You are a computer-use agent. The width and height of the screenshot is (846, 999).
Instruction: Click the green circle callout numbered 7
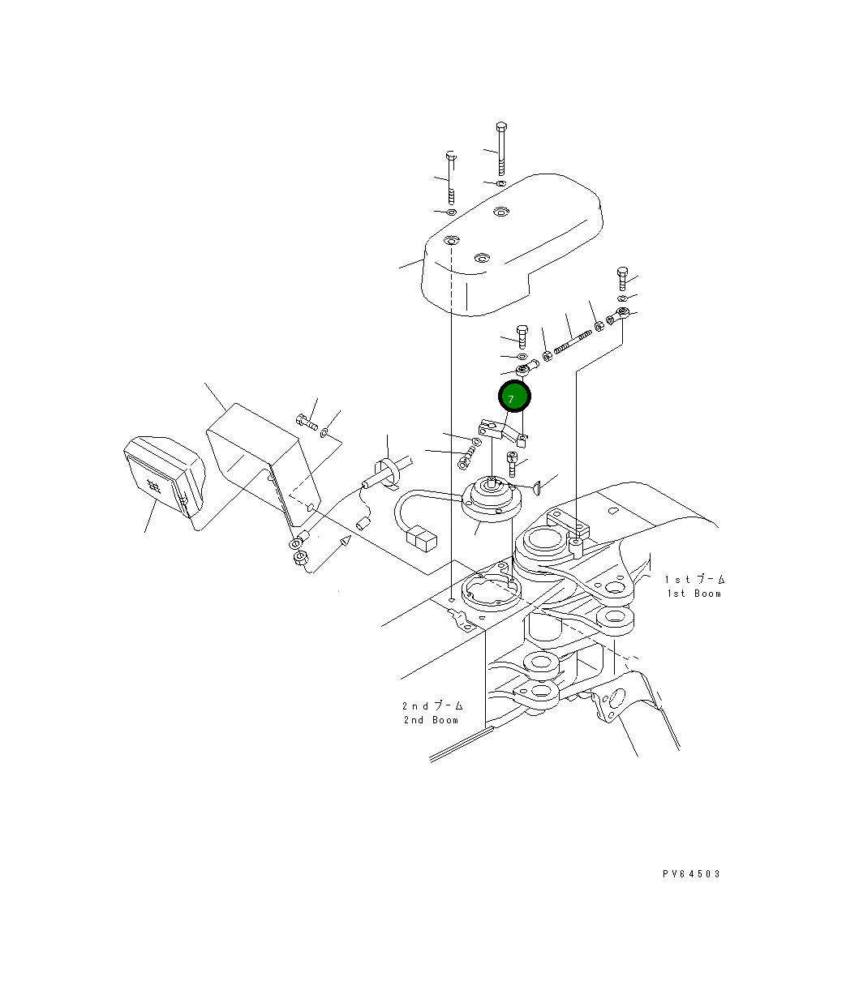[514, 397]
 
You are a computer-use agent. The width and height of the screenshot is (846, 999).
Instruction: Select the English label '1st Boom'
[694, 594]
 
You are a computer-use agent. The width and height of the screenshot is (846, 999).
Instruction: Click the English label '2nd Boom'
[432, 720]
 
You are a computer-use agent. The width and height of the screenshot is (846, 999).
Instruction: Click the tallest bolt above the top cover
[501, 149]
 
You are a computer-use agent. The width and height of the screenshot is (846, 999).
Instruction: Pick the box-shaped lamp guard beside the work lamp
[264, 465]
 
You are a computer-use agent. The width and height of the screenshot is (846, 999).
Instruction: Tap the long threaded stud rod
[573, 341]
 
